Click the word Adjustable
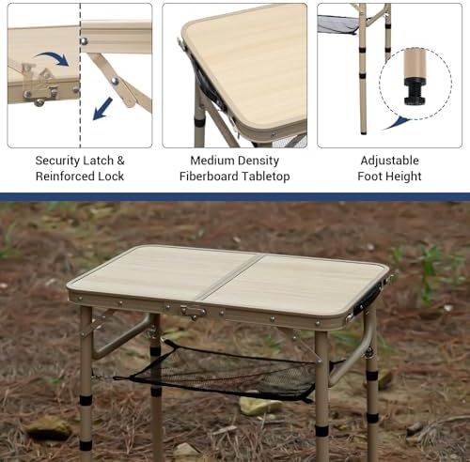click(390, 161)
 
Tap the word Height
click(402, 177)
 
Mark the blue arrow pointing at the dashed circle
click(399, 121)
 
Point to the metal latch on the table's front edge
click(193, 311)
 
